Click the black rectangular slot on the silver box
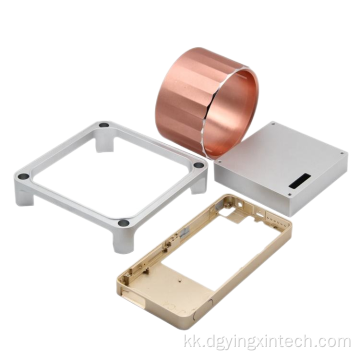pos(302,180)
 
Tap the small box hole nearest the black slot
pos(289,194)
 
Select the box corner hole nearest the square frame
pos(219,162)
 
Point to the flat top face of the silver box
pos(283,150)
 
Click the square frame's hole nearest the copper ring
pos(104,125)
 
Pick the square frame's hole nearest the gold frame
pos(123,223)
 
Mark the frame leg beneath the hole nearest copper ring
pos(104,142)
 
